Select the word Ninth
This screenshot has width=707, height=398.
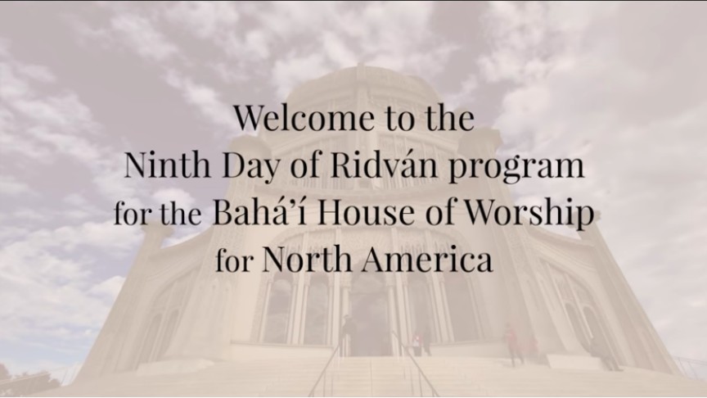[x=167, y=165]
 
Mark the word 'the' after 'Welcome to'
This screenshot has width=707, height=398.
[x=448, y=118]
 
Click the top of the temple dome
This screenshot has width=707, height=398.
[x=360, y=69]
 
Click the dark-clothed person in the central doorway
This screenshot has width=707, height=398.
[x=348, y=334]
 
